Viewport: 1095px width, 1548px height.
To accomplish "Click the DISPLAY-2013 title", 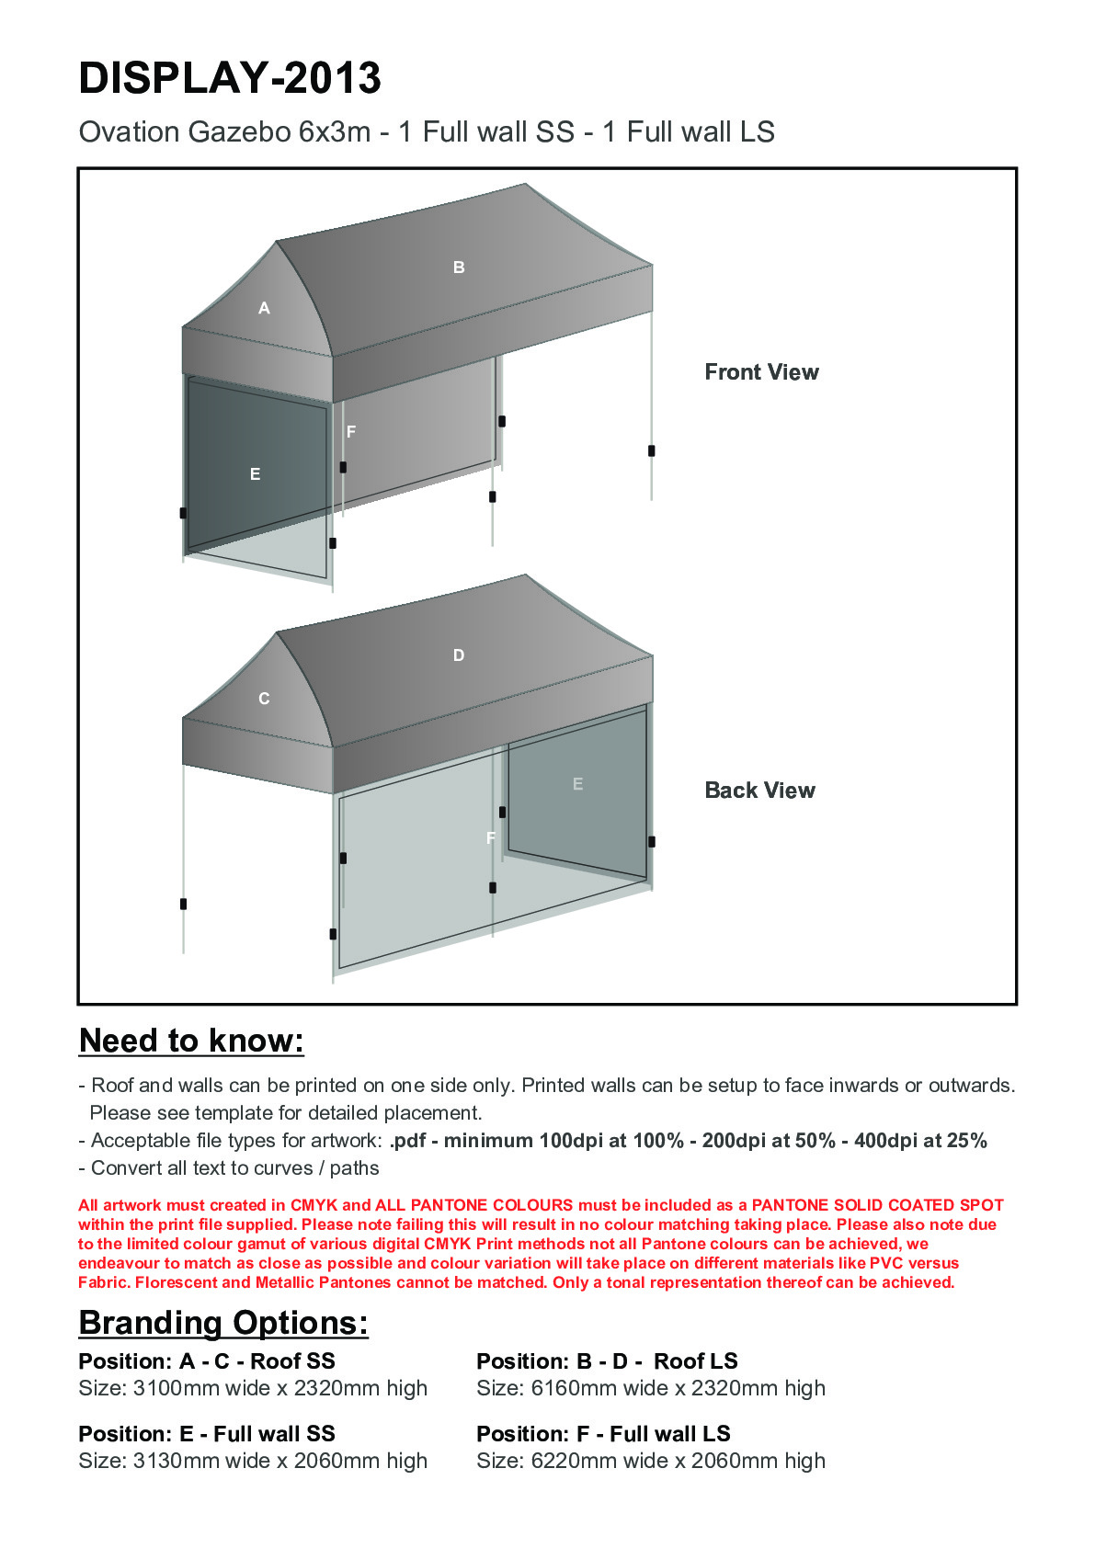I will pyautogui.click(x=230, y=78).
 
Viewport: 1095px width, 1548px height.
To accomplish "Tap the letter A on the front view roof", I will pyautogui.click(x=264, y=309).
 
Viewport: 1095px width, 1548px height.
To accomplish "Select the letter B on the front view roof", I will pyautogui.click(x=459, y=267).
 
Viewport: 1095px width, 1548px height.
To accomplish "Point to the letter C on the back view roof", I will pyautogui.click(x=264, y=699).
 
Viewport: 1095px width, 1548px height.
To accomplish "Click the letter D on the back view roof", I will pyautogui.click(x=459, y=655).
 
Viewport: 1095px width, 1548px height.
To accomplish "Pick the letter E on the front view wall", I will pyautogui.click(x=255, y=474).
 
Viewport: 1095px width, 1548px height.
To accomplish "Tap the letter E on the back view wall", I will pyautogui.click(x=577, y=784).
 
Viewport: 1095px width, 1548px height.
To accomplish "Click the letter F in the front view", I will pyautogui.click(x=351, y=431).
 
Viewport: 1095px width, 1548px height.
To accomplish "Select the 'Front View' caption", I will pyautogui.click(x=761, y=372).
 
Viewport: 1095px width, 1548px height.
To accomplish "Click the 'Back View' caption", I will pyautogui.click(x=759, y=791).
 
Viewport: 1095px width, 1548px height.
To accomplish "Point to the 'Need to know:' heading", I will pyautogui.click(x=191, y=1041).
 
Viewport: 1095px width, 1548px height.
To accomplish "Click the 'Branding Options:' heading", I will pyautogui.click(x=223, y=1323).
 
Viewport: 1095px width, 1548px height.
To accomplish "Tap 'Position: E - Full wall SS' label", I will pyautogui.click(x=207, y=1434).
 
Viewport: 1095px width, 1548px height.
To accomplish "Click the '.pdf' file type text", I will pyautogui.click(x=407, y=1141).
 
